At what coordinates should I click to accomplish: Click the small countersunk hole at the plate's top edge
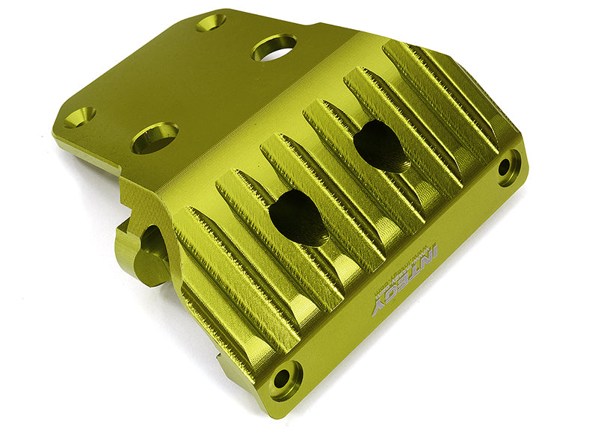point(212,22)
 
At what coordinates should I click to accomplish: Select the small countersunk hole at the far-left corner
point(78,117)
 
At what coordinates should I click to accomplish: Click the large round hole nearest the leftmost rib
point(155,137)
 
